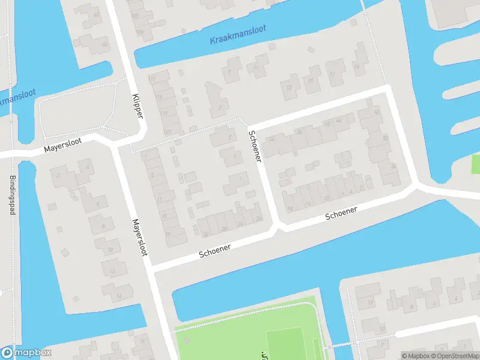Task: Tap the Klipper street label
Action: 137,106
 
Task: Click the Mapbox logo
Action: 26,353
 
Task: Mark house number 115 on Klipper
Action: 159,97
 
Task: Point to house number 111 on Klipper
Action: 152,79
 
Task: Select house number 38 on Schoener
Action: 299,131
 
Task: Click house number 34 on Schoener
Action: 273,139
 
